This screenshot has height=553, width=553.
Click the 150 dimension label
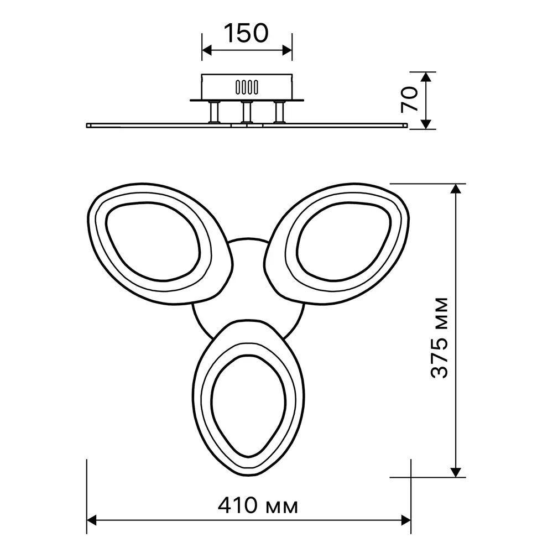click(246, 34)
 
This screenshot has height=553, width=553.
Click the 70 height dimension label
click(410, 100)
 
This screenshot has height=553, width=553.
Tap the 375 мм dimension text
click(440, 338)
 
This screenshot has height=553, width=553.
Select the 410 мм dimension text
click(258, 506)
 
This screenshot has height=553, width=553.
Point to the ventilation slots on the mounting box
click(247, 87)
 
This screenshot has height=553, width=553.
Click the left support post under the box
click(214, 112)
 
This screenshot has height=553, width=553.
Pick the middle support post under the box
click(247, 112)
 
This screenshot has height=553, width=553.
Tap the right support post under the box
click(280, 112)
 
